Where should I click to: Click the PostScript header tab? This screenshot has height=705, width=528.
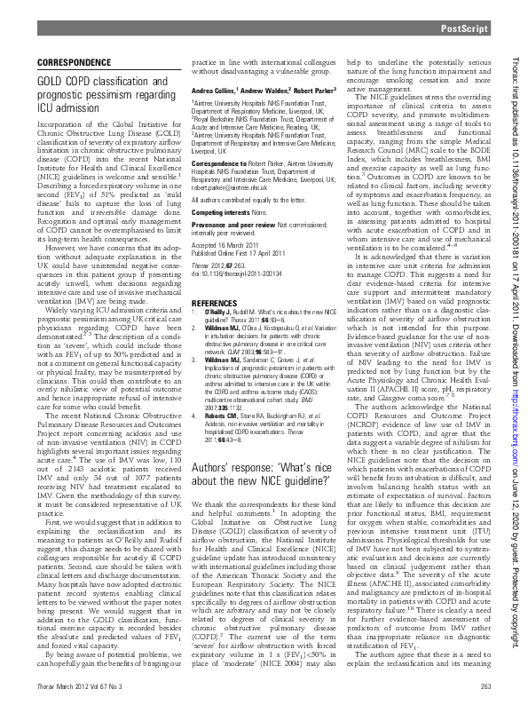[x=465, y=29]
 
